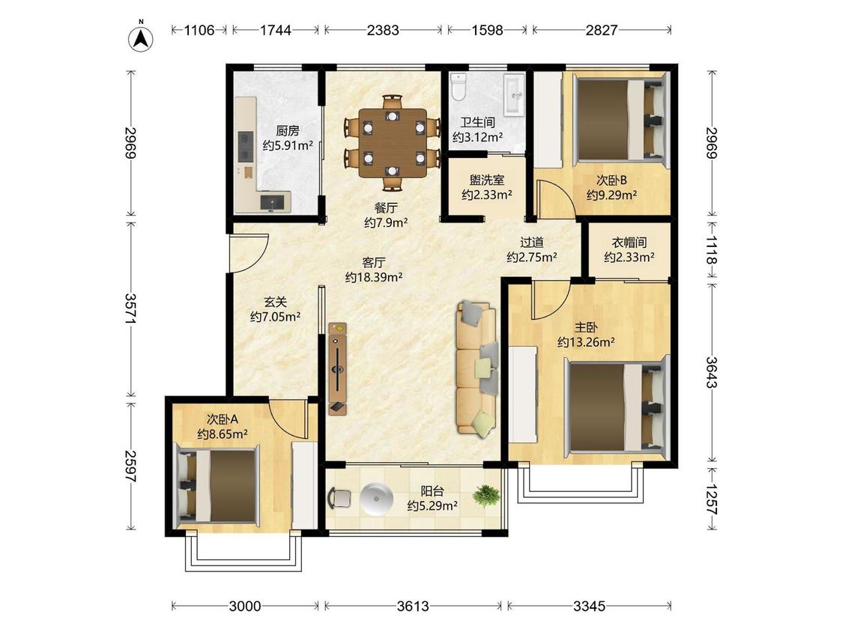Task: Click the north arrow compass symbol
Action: (141, 38)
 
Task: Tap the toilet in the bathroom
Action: (458, 87)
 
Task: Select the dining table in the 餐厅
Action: (393, 143)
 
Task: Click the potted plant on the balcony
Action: (486, 496)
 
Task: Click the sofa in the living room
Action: (477, 368)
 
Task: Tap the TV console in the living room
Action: (338, 368)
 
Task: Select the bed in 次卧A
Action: (217, 486)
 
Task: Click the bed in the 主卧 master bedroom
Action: (616, 407)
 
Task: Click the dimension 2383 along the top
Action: (383, 30)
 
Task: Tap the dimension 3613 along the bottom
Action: (413, 607)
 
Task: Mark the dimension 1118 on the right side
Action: (712, 250)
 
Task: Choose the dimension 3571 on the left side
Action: (130, 309)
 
